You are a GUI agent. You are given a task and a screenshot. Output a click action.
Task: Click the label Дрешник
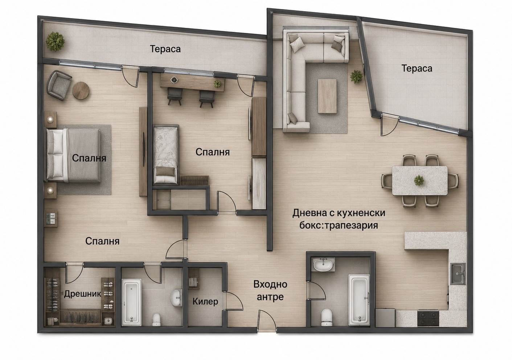82,294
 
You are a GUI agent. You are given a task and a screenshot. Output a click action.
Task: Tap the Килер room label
205,302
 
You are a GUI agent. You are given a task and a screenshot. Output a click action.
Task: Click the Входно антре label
270,290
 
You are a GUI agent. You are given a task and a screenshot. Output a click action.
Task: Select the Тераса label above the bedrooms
165,49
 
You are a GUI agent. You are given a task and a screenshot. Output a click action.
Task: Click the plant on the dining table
418,180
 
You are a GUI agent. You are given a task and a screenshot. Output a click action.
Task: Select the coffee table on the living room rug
327,96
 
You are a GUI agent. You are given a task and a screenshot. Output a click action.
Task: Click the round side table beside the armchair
81,90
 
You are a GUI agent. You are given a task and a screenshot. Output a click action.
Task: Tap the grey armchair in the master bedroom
58,85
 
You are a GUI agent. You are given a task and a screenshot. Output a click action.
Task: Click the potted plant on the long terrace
55,42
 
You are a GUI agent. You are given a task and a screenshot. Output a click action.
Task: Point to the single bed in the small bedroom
166,155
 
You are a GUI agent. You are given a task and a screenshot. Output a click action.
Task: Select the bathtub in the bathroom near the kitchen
359,300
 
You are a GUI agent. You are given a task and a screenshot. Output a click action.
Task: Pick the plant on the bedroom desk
217,84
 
